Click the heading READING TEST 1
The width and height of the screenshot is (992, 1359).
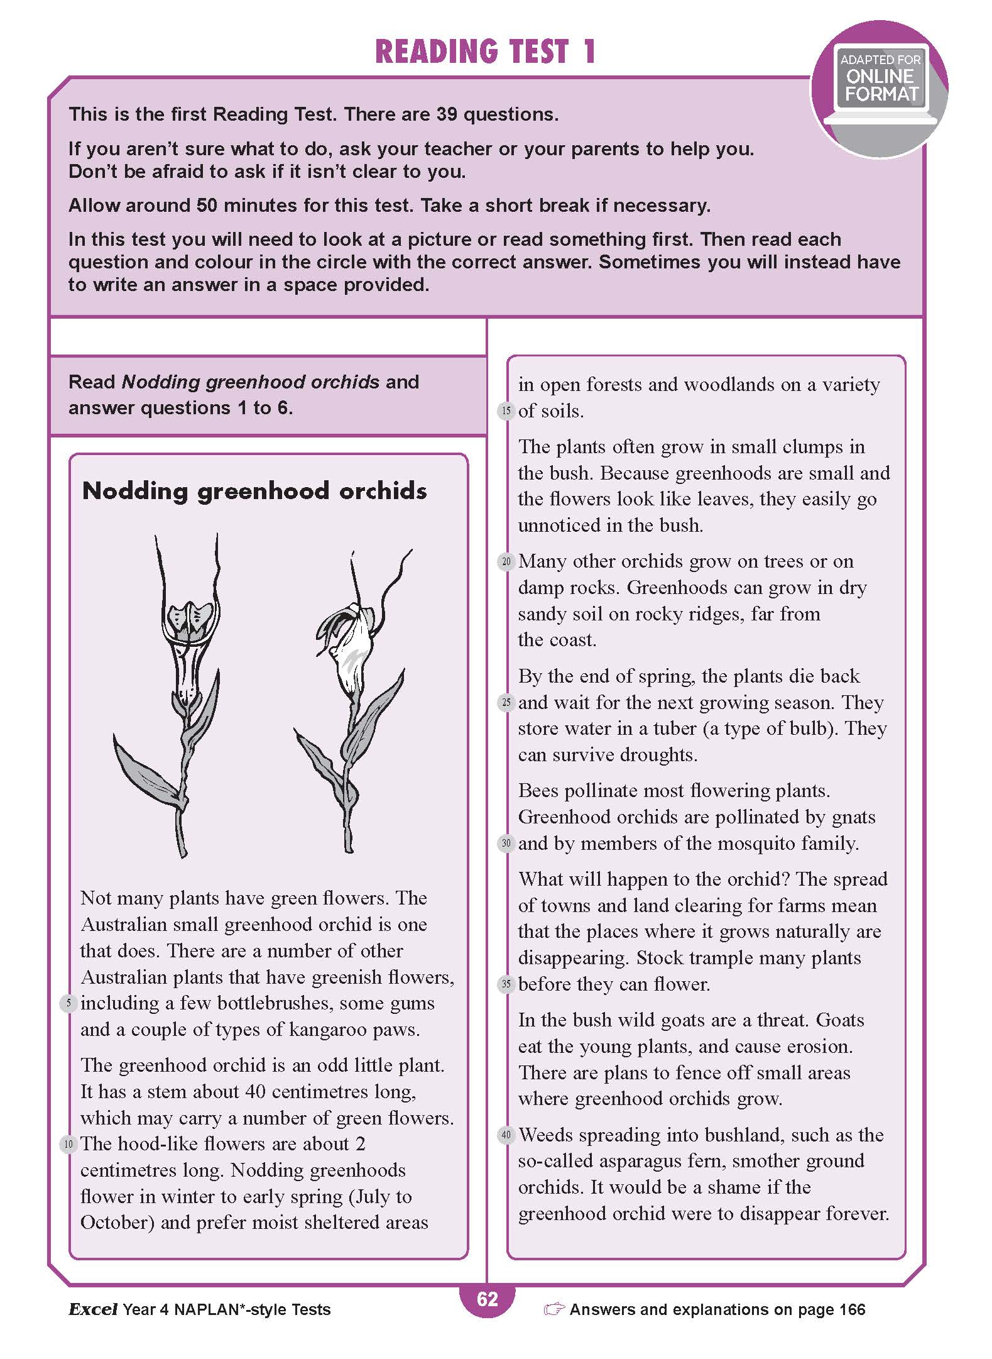pyautogui.click(x=485, y=52)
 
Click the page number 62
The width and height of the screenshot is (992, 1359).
pyautogui.click(x=488, y=1299)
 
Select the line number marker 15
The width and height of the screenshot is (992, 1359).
pyautogui.click(x=506, y=412)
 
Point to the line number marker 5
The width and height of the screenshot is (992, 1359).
pyautogui.click(x=68, y=1003)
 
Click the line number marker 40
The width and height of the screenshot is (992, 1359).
pyautogui.click(x=506, y=1136)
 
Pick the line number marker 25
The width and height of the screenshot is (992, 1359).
pyautogui.click(x=506, y=703)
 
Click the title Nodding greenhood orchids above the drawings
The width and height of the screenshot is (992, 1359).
pyautogui.click(x=254, y=491)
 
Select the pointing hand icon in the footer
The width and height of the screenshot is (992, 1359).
pyautogui.click(x=554, y=1309)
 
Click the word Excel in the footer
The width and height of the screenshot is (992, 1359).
pyautogui.click(x=93, y=1309)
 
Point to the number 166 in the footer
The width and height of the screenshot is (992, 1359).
pyautogui.click(x=852, y=1309)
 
